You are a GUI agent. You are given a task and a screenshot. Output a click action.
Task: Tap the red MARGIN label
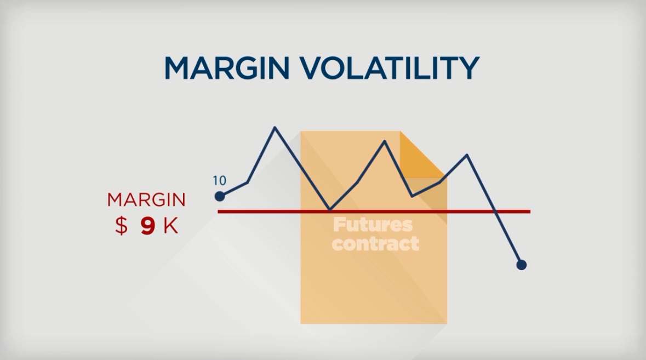tap(146, 200)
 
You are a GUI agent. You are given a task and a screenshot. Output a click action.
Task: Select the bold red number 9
tap(147, 226)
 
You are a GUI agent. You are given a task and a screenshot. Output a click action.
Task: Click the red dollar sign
tap(121, 226)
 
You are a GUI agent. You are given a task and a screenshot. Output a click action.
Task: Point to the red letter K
tap(171, 226)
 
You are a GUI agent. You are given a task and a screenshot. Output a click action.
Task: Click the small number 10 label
tap(219, 180)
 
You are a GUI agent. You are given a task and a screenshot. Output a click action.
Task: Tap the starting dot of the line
tap(220, 196)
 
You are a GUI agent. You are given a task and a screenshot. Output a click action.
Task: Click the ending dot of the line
tap(521, 265)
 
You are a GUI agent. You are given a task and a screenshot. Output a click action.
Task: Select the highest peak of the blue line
tap(275, 128)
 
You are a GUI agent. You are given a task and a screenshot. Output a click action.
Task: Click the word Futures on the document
tap(373, 225)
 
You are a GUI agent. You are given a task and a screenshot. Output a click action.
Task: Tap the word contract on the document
tap(375, 243)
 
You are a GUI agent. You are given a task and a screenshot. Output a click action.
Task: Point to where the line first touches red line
tap(330, 210)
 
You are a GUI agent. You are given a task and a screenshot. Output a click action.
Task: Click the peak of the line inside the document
tap(385, 141)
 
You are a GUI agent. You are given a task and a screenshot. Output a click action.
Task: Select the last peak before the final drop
tap(467, 155)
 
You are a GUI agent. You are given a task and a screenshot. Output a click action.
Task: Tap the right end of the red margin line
tap(530, 212)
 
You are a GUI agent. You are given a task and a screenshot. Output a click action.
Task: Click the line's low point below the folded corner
tap(413, 196)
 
